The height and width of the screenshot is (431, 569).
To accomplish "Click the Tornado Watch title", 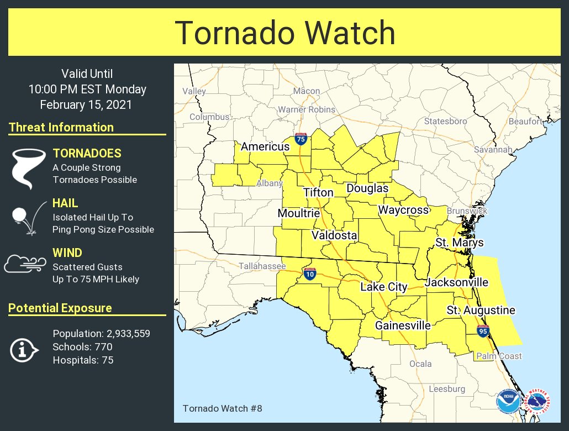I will point(284,33).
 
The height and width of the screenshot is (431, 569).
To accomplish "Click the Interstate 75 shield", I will point(301,139).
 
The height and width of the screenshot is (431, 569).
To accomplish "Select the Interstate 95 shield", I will point(482,331).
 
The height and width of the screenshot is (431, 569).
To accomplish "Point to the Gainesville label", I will point(403,325).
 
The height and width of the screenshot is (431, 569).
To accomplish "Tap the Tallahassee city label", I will point(262,266).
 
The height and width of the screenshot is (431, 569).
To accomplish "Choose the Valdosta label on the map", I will point(334,235).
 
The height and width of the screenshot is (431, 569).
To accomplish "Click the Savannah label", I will point(492,149).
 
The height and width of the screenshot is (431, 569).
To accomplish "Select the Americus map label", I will point(265,146).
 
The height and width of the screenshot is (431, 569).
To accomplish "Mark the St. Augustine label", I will point(481,310).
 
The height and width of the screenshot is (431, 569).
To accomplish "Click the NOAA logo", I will point(508,402).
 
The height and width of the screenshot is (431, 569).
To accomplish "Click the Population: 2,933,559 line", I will point(102,334).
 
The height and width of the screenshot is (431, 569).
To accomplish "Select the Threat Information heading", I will point(61,127).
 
